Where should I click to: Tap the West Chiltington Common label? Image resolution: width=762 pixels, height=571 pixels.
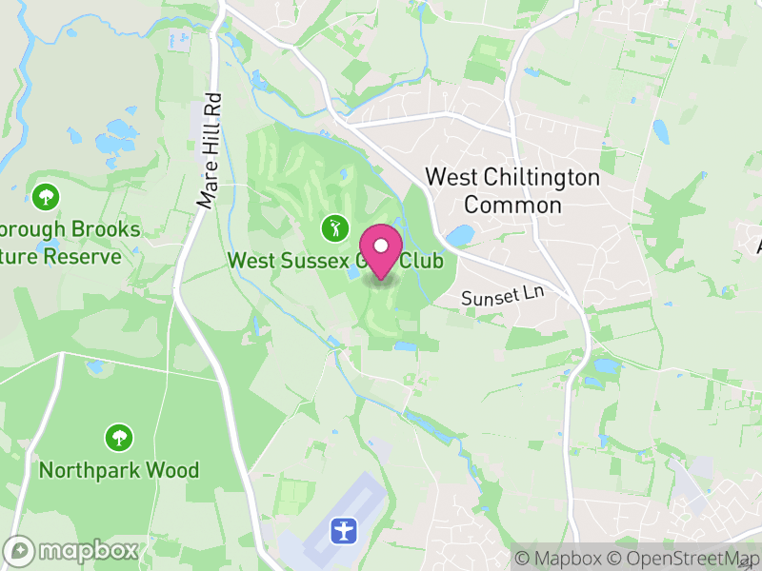(x=512, y=190)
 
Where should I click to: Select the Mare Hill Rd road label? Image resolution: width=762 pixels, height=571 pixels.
(x=210, y=149)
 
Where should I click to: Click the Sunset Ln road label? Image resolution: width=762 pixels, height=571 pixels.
(x=501, y=296)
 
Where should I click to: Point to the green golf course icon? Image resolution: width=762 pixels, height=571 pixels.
(x=333, y=228)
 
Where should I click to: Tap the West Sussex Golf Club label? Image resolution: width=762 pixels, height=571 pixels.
(x=335, y=260)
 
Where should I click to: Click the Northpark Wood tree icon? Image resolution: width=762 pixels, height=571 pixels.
(x=119, y=438)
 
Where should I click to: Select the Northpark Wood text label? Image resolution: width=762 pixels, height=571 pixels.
(x=119, y=470)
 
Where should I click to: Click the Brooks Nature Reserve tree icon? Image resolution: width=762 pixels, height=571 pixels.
(x=45, y=198)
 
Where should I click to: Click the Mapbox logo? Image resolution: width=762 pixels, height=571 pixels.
(x=72, y=551)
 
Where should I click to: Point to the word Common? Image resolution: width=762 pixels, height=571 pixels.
(x=512, y=205)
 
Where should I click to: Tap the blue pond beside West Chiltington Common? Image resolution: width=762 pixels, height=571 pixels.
(x=459, y=234)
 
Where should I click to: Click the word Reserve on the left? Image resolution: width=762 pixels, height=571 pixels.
(x=88, y=256)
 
